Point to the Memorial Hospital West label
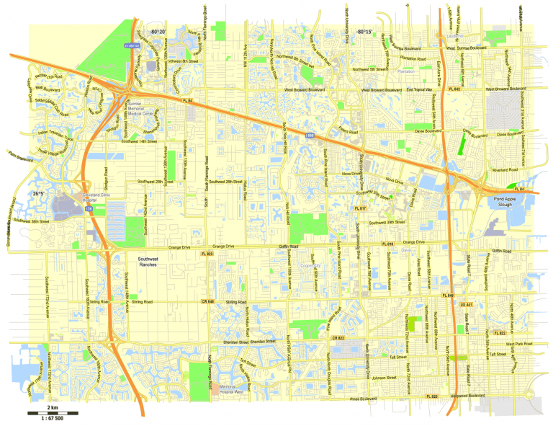point(230,391)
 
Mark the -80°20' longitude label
point(158,32)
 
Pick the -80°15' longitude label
point(364,32)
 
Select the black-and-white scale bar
point(44,412)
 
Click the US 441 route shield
point(466,306)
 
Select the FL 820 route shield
point(431,396)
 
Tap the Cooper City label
point(310,265)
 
